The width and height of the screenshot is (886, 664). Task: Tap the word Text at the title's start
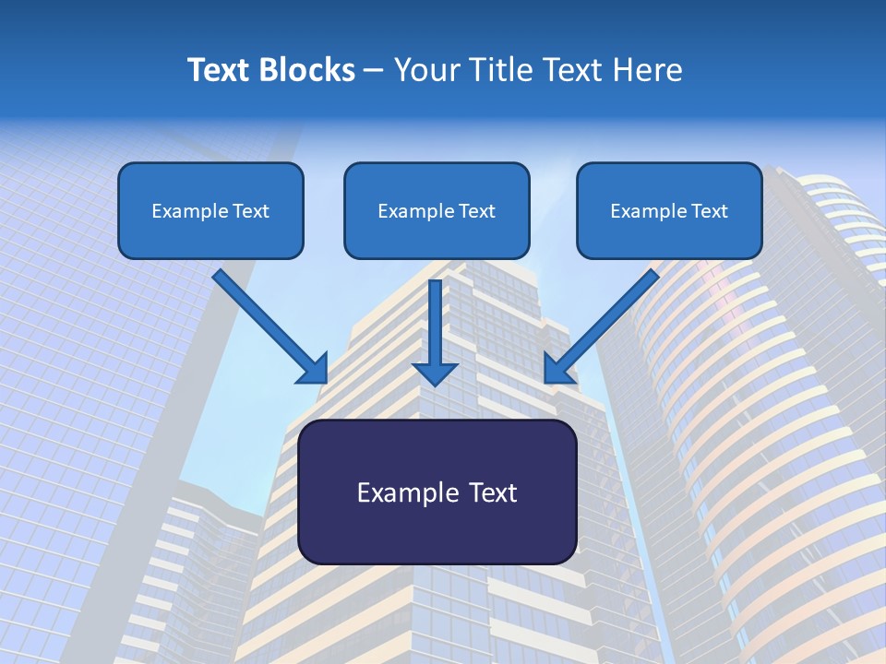219,70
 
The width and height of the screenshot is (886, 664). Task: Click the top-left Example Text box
210,210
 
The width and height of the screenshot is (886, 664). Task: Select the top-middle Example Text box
437,210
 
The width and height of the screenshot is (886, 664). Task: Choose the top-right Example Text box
669,210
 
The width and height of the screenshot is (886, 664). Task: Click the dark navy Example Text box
437,492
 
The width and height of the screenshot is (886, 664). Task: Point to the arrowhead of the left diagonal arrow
314,369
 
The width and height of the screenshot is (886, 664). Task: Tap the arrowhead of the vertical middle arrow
435,373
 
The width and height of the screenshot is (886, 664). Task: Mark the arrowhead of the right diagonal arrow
557,369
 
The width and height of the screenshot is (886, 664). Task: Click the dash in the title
374,71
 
